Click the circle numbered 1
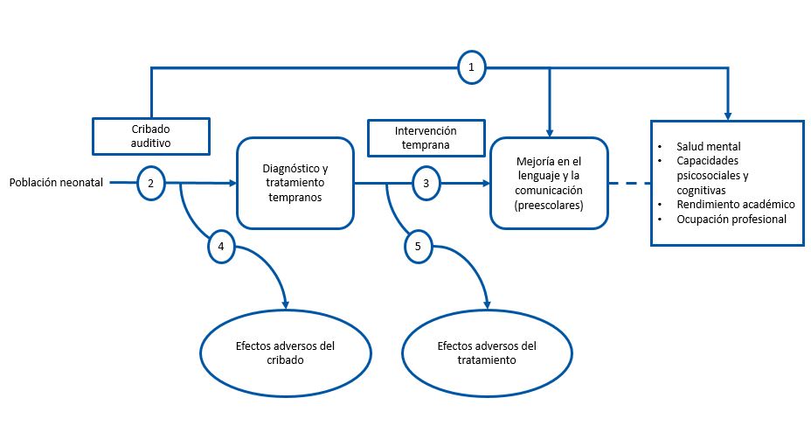point(472,67)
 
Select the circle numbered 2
point(151,184)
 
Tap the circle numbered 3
point(426,184)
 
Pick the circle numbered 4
point(221,248)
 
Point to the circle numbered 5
point(419,248)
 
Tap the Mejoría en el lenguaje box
point(549,184)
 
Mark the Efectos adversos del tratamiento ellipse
point(487,352)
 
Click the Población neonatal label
point(56,184)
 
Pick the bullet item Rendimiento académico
point(736,204)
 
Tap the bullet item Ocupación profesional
point(731,219)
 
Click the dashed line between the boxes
point(629,184)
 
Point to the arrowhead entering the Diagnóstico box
point(232,184)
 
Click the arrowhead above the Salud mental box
point(727,114)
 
